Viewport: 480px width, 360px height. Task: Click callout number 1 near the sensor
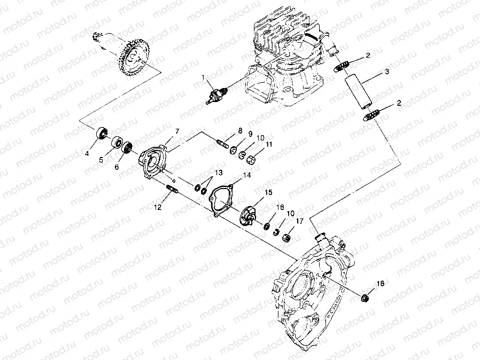(x=203, y=77)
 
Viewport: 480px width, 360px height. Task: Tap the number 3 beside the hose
(x=387, y=72)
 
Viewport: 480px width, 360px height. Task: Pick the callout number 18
(x=380, y=284)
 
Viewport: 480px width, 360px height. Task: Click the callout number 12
(x=158, y=207)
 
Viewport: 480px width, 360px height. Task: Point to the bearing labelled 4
(x=102, y=133)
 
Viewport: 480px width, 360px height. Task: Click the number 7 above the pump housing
(x=177, y=131)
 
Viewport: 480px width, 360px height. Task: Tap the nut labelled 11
(x=251, y=159)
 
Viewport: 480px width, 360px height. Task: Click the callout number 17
(x=300, y=221)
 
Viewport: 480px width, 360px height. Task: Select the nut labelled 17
(x=286, y=238)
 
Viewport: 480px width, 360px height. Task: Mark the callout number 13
(x=219, y=173)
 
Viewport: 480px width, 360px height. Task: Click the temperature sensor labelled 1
(x=216, y=95)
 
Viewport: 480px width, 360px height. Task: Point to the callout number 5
(x=101, y=160)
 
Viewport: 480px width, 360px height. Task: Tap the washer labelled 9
(x=234, y=150)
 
